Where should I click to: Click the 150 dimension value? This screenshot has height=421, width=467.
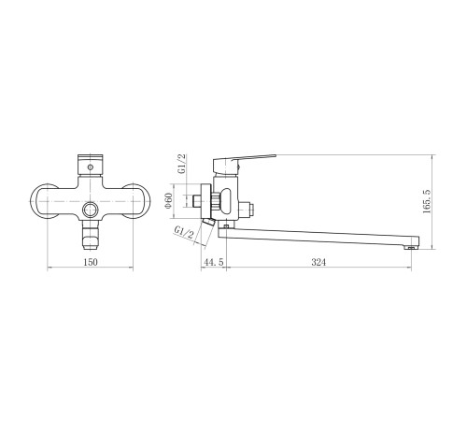pos(91,262)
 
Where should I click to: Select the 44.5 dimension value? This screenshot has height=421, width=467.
pos(213,262)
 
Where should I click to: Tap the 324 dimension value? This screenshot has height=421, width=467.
pos(318,262)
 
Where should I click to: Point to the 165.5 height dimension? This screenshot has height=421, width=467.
pos(427,201)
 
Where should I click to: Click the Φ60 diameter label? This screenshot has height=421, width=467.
pos(168,201)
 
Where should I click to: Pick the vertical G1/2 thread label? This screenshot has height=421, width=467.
pos(181,164)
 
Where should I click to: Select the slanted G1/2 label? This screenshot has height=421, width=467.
pos(184,232)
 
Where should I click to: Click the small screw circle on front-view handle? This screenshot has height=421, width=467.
pos(91,167)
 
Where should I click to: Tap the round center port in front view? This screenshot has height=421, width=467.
pos(91,210)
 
